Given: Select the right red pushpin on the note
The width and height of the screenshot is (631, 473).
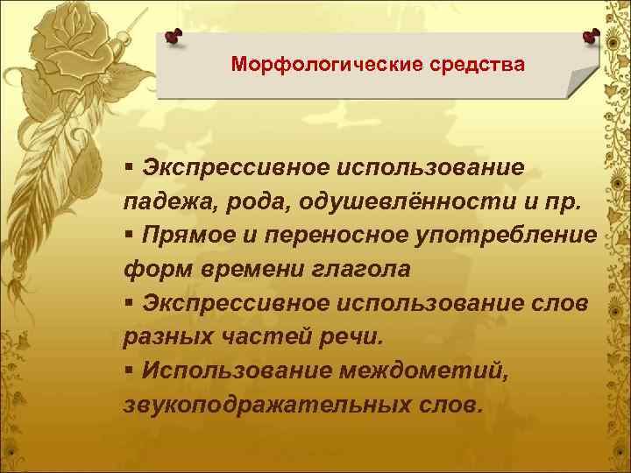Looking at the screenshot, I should pyautogui.click(x=591, y=36).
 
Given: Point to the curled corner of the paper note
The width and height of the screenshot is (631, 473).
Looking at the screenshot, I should pyautogui.click(x=581, y=83).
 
